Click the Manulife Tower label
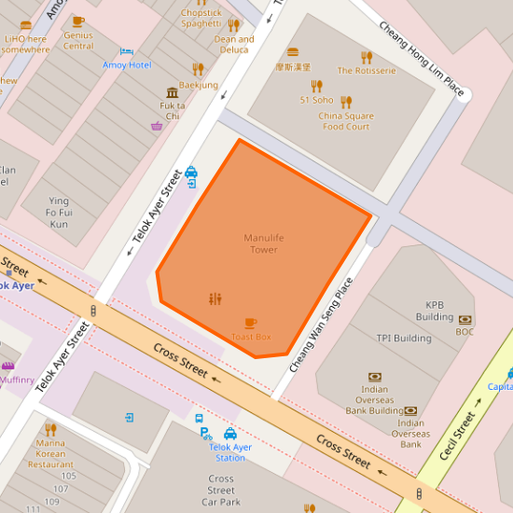262,243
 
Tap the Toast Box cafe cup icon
251,323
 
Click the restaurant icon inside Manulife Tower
215,298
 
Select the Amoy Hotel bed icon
127,51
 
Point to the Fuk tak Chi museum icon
172,92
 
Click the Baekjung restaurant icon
198,69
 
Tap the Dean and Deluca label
234,44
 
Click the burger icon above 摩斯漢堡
293,52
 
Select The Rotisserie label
367,70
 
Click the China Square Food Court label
346,121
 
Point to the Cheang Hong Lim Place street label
422,57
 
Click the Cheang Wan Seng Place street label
322,325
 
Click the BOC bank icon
464,319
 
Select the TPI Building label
403,338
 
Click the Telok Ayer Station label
230,451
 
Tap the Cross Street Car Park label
221,490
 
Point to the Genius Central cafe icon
78,21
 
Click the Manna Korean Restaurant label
50,454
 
